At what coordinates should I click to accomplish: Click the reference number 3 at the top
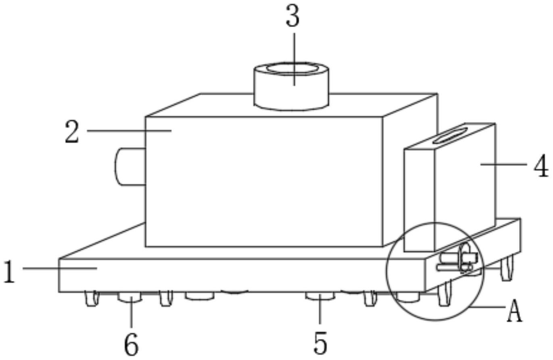point(293,17)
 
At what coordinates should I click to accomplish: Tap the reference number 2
point(72,133)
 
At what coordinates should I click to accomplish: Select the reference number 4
point(541,166)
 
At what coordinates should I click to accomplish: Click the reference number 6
point(131,345)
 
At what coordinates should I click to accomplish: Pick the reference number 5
point(320,343)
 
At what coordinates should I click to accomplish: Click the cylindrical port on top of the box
point(291,87)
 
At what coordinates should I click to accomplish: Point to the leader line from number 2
point(129,130)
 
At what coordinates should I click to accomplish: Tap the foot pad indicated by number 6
point(130,298)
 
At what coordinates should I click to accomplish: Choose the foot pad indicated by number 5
point(320,297)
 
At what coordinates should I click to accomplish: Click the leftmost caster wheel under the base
point(92,299)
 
